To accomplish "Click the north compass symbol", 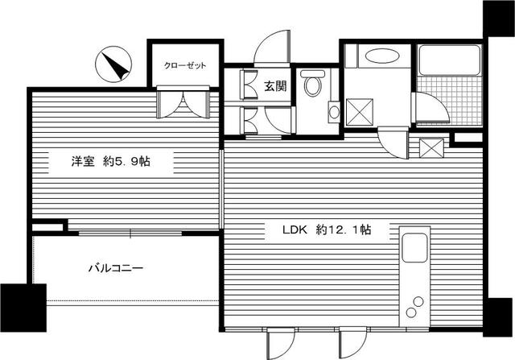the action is pyautogui.click(x=113, y=64).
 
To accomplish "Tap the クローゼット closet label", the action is pyautogui.click(x=185, y=65).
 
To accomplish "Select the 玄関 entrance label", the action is pyautogui.click(x=275, y=86).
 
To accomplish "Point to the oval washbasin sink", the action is pyautogui.click(x=382, y=56).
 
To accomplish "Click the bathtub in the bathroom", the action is pyautogui.click(x=449, y=60).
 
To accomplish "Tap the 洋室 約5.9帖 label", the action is pyautogui.click(x=111, y=161).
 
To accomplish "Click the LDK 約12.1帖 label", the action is pyautogui.click(x=328, y=230).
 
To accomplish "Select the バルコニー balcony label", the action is pyautogui.click(x=116, y=269).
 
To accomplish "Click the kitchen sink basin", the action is pyautogui.click(x=414, y=248).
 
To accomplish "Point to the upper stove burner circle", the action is pyautogui.click(x=418, y=301).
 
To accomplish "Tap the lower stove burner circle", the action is pyautogui.click(x=411, y=312).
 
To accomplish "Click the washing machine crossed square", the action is pyautogui.click(x=360, y=112).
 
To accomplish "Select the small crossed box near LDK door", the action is pyautogui.click(x=431, y=148).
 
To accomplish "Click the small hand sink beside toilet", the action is pyautogui.click(x=334, y=112).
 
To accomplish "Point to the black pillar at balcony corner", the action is pyautogui.click(x=23, y=308).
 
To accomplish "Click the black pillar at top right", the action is pyautogui.click(x=499, y=19).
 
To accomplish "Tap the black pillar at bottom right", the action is pyautogui.click(x=499, y=317).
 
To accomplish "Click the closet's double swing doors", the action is pyautogui.click(x=183, y=102).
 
